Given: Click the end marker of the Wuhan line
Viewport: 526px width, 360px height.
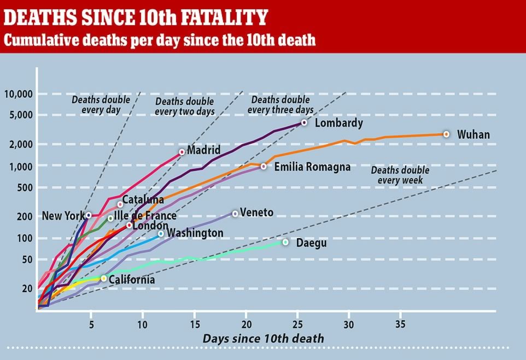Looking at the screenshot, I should click(x=446, y=134).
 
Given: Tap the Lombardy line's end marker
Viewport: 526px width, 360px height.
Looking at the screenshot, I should click(x=304, y=123).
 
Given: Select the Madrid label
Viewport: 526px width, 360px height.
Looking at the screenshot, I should click(x=203, y=150).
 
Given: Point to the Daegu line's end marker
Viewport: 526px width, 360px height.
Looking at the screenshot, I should click(x=285, y=242).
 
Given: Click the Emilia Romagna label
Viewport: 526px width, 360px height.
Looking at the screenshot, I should click(x=312, y=167).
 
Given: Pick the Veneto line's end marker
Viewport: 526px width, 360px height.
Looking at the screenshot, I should click(x=235, y=214).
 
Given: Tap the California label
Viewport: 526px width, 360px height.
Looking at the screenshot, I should click(x=132, y=280).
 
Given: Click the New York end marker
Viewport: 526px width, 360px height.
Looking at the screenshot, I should click(x=89, y=215).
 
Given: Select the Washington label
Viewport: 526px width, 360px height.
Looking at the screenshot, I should click(x=195, y=233).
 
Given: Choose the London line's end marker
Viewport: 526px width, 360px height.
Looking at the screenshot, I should click(x=129, y=225).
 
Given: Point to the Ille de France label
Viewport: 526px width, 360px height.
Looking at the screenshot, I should click(x=145, y=216).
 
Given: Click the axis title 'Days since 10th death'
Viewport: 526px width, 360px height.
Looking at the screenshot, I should click(x=263, y=339).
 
